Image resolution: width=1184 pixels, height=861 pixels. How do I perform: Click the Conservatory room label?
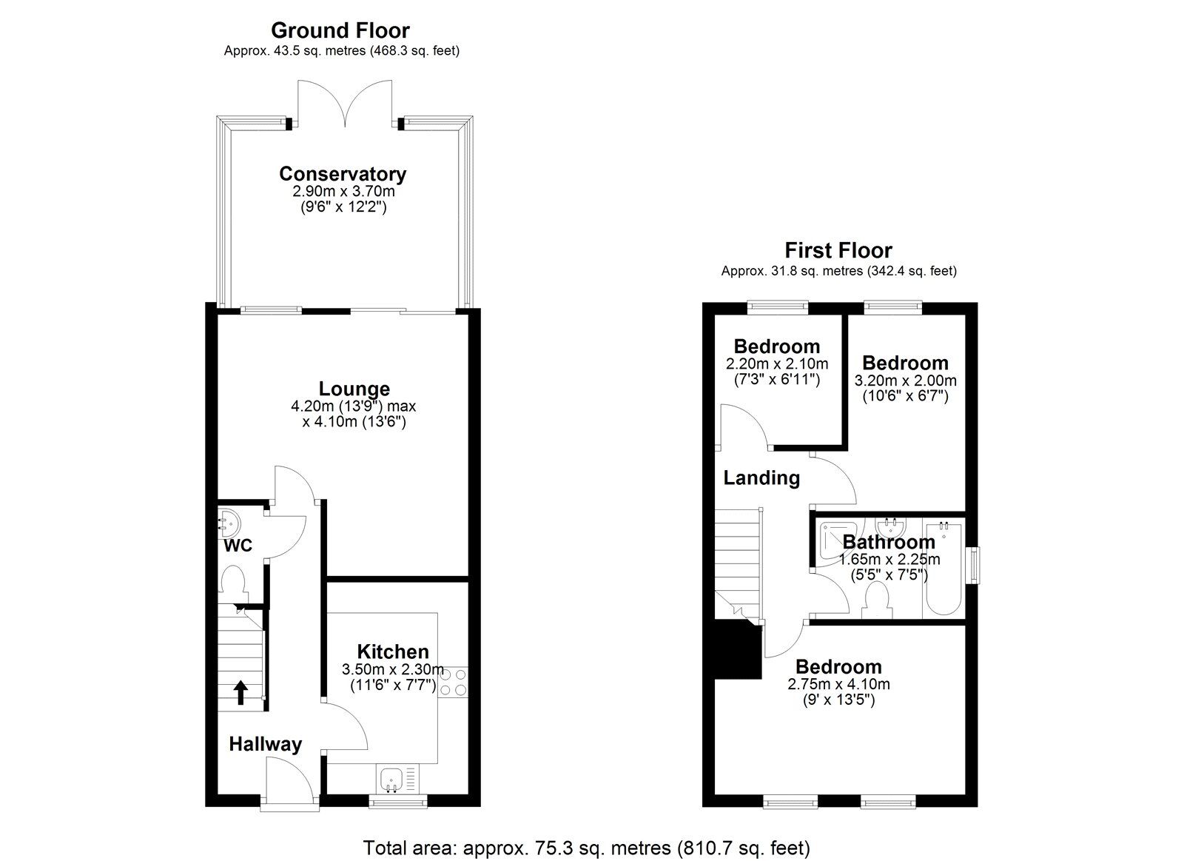pyautogui.click(x=343, y=174)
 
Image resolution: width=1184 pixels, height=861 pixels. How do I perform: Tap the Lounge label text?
pyautogui.click(x=354, y=389)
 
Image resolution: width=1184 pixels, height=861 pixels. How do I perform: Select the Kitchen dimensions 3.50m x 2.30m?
pyautogui.click(x=392, y=669)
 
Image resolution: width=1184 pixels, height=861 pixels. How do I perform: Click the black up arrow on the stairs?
pyautogui.click(x=240, y=692)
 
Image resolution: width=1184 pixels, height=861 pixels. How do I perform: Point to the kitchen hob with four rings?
pyautogui.click(x=452, y=681)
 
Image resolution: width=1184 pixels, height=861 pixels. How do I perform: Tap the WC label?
pyautogui.click(x=238, y=546)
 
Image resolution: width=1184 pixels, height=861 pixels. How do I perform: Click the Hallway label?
pyautogui.click(x=265, y=744)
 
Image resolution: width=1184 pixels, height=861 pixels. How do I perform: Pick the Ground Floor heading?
pyautogui.click(x=340, y=30)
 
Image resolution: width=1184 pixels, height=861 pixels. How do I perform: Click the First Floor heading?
pyautogui.click(x=838, y=250)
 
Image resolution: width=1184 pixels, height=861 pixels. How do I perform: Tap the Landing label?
pyautogui.click(x=761, y=478)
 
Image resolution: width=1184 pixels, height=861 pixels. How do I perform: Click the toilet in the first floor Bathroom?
pyautogui.click(x=878, y=600)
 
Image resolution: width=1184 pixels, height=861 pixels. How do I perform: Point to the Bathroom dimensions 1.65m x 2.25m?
pyautogui.click(x=889, y=560)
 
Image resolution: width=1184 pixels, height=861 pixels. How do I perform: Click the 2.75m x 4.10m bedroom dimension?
pyautogui.click(x=838, y=684)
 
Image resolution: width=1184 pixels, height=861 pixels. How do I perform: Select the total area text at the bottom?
pyautogui.click(x=586, y=847)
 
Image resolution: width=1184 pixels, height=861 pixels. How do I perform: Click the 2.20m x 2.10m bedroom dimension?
pyautogui.click(x=776, y=364)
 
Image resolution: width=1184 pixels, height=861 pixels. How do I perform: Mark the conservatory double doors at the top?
pyautogui.click(x=344, y=104)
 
